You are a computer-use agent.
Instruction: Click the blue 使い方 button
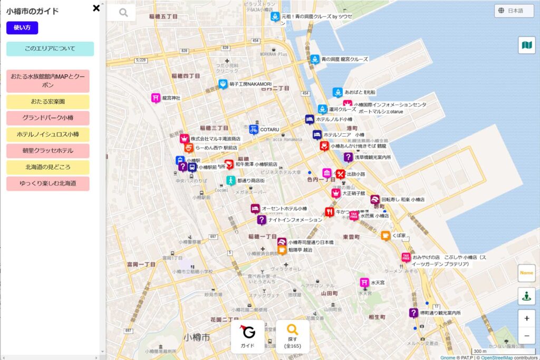[22, 28]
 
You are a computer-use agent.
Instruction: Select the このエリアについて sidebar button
[50, 49]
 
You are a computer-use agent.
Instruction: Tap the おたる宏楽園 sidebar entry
[48, 102]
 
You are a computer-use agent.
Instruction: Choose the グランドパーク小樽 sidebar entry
[48, 118]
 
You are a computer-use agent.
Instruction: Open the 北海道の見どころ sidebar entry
[48, 167]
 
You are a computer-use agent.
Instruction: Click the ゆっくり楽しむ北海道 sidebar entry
[48, 183]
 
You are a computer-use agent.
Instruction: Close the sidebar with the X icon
[96, 8]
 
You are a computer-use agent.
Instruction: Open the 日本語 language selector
[514, 11]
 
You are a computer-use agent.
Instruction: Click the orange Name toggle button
[526, 273]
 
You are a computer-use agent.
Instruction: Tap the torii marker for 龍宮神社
[156, 98]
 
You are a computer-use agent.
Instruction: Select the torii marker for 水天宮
[364, 283]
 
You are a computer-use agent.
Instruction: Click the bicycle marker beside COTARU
[254, 129]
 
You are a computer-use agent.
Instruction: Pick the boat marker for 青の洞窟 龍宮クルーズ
[315, 59]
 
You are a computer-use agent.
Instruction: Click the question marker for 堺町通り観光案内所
[413, 313]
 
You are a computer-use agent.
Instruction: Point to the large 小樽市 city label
[197, 337]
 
